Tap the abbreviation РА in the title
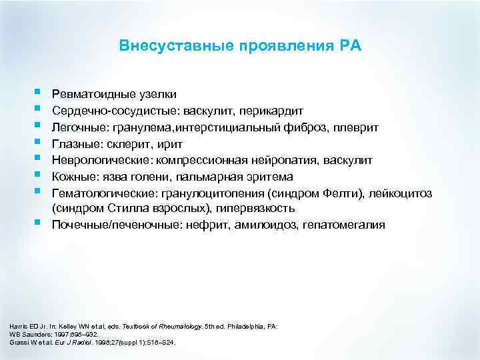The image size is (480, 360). click(x=349, y=46)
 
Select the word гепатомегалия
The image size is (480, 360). click(x=344, y=225)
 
